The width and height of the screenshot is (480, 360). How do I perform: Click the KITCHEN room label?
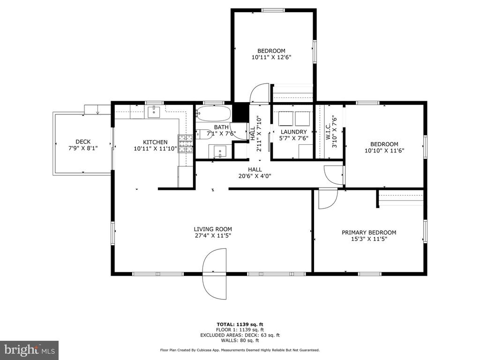click(155, 142)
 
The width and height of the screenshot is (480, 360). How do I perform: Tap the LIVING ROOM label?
click(213, 229)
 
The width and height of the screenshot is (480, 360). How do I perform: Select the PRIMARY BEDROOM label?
click(369, 232)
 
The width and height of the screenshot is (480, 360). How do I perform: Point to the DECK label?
click(83, 142)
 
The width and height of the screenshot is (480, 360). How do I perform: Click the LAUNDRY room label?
click(294, 132)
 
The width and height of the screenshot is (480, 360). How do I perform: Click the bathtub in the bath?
click(213, 113)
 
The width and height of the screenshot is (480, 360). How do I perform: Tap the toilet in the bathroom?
click(203, 134)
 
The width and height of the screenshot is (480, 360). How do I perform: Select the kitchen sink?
click(154, 112)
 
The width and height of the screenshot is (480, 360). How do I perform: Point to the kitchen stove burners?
click(186, 144)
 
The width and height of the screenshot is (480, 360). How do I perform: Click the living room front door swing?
click(215, 274)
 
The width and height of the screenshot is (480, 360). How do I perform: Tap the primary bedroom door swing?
click(328, 199)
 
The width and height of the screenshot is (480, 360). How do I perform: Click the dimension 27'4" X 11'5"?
click(213, 236)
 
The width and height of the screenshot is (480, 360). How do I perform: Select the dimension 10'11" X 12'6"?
click(271, 57)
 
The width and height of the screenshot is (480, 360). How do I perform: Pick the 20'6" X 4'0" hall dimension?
click(255, 176)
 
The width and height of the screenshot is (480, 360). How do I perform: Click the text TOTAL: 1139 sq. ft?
click(240, 324)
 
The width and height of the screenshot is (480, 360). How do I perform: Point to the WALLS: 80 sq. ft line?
click(240, 340)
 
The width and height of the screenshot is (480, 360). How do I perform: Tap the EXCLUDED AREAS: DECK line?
click(240, 335)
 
